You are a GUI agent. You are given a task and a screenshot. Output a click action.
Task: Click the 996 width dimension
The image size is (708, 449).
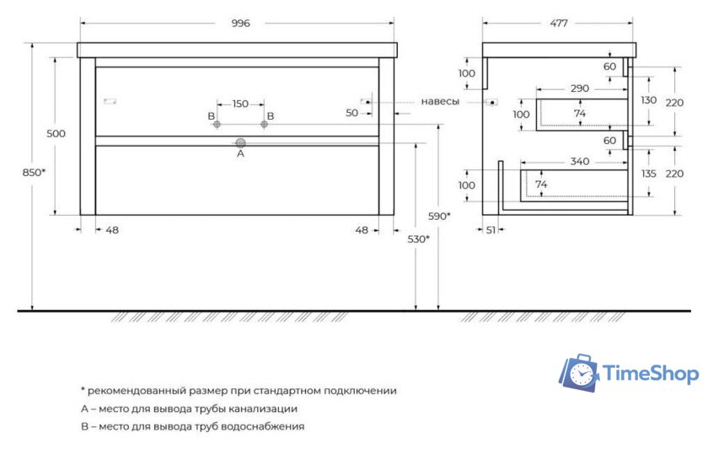[x=240, y=24]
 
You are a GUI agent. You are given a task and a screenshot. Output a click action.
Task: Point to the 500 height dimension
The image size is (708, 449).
[x=56, y=134]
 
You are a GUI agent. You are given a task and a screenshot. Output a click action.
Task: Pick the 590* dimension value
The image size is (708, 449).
[x=439, y=216]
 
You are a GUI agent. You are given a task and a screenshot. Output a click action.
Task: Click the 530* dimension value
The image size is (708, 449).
[x=417, y=239]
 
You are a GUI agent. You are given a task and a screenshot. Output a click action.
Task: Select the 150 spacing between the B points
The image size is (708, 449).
[x=240, y=104]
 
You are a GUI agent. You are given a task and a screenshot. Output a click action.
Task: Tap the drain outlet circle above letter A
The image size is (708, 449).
[x=240, y=142]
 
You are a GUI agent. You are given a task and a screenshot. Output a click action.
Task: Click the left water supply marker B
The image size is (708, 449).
[x=217, y=125]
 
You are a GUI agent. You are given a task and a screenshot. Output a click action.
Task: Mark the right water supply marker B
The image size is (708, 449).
[x=264, y=125]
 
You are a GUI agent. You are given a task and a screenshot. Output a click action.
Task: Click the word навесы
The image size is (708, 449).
[x=440, y=101]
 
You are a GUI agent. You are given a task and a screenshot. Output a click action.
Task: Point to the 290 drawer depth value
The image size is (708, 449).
[x=579, y=88]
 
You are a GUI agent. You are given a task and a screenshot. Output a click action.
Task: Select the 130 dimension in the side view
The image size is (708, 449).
[x=647, y=100]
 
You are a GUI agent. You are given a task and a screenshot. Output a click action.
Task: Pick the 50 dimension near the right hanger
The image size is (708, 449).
[x=351, y=113]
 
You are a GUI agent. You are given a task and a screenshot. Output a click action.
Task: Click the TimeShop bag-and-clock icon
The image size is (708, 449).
[x=579, y=373]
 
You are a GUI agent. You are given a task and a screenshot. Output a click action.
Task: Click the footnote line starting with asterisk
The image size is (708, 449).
[x=239, y=391]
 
